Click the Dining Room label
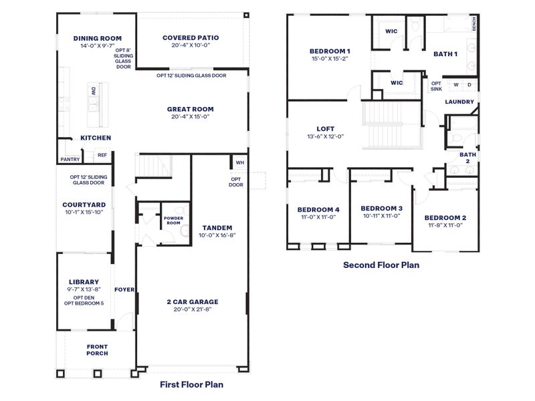[x=98, y=38]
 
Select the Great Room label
[x=191, y=109]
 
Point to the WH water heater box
[x=239, y=162]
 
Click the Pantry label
[x=70, y=159]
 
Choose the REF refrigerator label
[x=102, y=155]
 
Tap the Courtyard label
[x=84, y=205]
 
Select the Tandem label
[x=217, y=227]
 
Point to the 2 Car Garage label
[x=193, y=301]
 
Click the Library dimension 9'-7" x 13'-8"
[x=84, y=290]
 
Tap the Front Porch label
[x=97, y=350]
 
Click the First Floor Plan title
[x=192, y=384]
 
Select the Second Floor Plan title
[x=381, y=265]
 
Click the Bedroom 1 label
[x=330, y=51]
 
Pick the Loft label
[x=325, y=129]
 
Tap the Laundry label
[x=459, y=102]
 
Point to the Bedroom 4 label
[x=318, y=209]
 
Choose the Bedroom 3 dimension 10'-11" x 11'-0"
[x=382, y=216]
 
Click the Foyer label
[x=124, y=290]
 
